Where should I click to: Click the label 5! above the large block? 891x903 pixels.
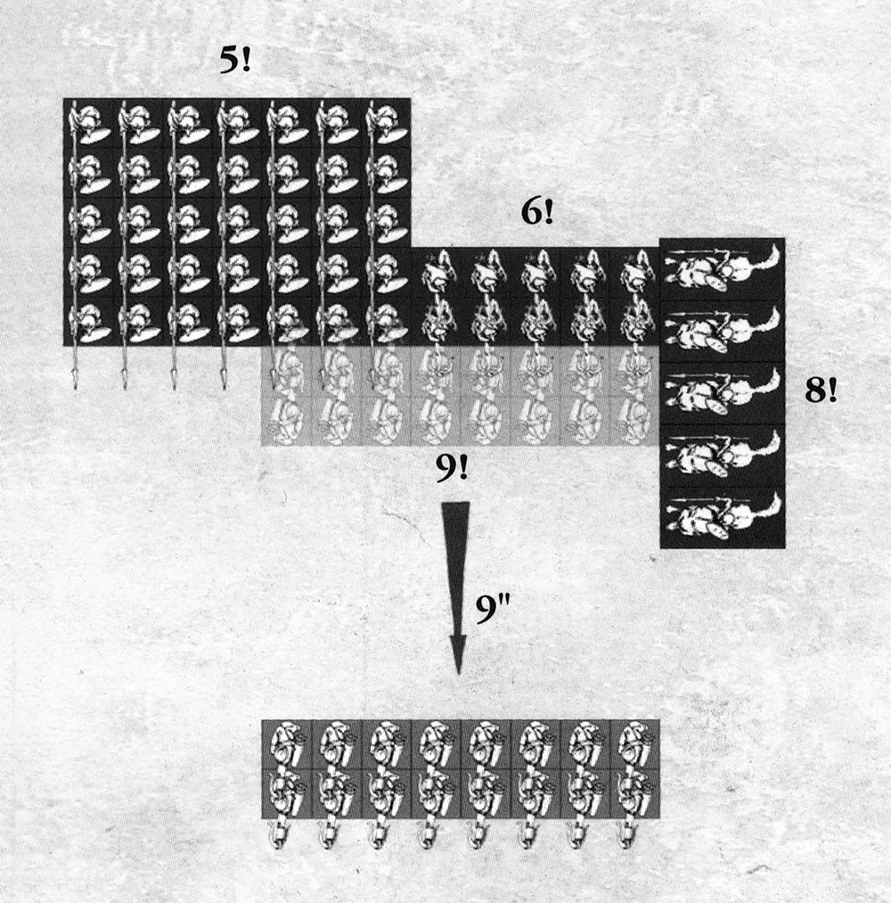[x=235, y=62]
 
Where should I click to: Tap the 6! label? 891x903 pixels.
[x=537, y=215]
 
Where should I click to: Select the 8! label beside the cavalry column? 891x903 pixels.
[x=821, y=391]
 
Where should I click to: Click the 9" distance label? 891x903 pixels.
[x=492, y=613]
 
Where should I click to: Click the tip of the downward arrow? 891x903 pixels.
[x=457, y=670]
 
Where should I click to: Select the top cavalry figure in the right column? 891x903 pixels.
[x=722, y=269]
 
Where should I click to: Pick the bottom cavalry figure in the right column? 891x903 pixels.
[x=722, y=517]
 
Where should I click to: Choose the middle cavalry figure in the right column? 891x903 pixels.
[x=722, y=393]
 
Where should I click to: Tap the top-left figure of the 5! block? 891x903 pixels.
[x=88, y=123]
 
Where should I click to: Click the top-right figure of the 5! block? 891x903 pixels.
[x=385, y=123]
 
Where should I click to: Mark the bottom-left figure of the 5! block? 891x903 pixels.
[x=88, y=321]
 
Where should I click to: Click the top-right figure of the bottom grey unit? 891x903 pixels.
[x=634, y=743]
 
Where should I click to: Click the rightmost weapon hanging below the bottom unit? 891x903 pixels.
[x=625, y=834]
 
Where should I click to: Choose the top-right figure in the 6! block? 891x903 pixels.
[x=634, y=271]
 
